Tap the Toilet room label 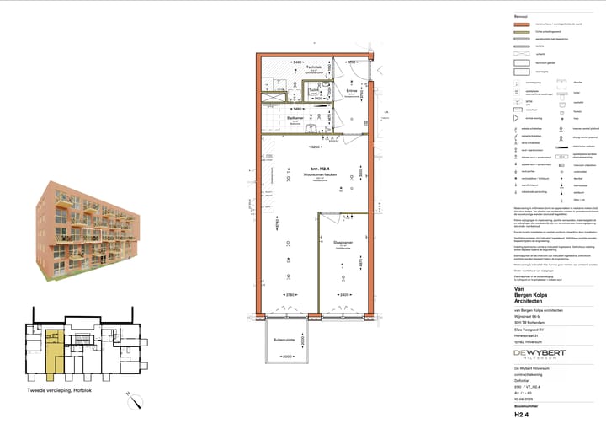(x=313, y=88)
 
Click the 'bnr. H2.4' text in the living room (x=316, y=169)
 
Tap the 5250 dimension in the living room (x=314, y=146)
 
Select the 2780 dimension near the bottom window (x=289, y=295)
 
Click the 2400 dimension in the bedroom (x=344, y=295)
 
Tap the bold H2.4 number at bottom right (x=522, y=415)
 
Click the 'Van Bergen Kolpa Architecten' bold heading (x=539, y=297)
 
